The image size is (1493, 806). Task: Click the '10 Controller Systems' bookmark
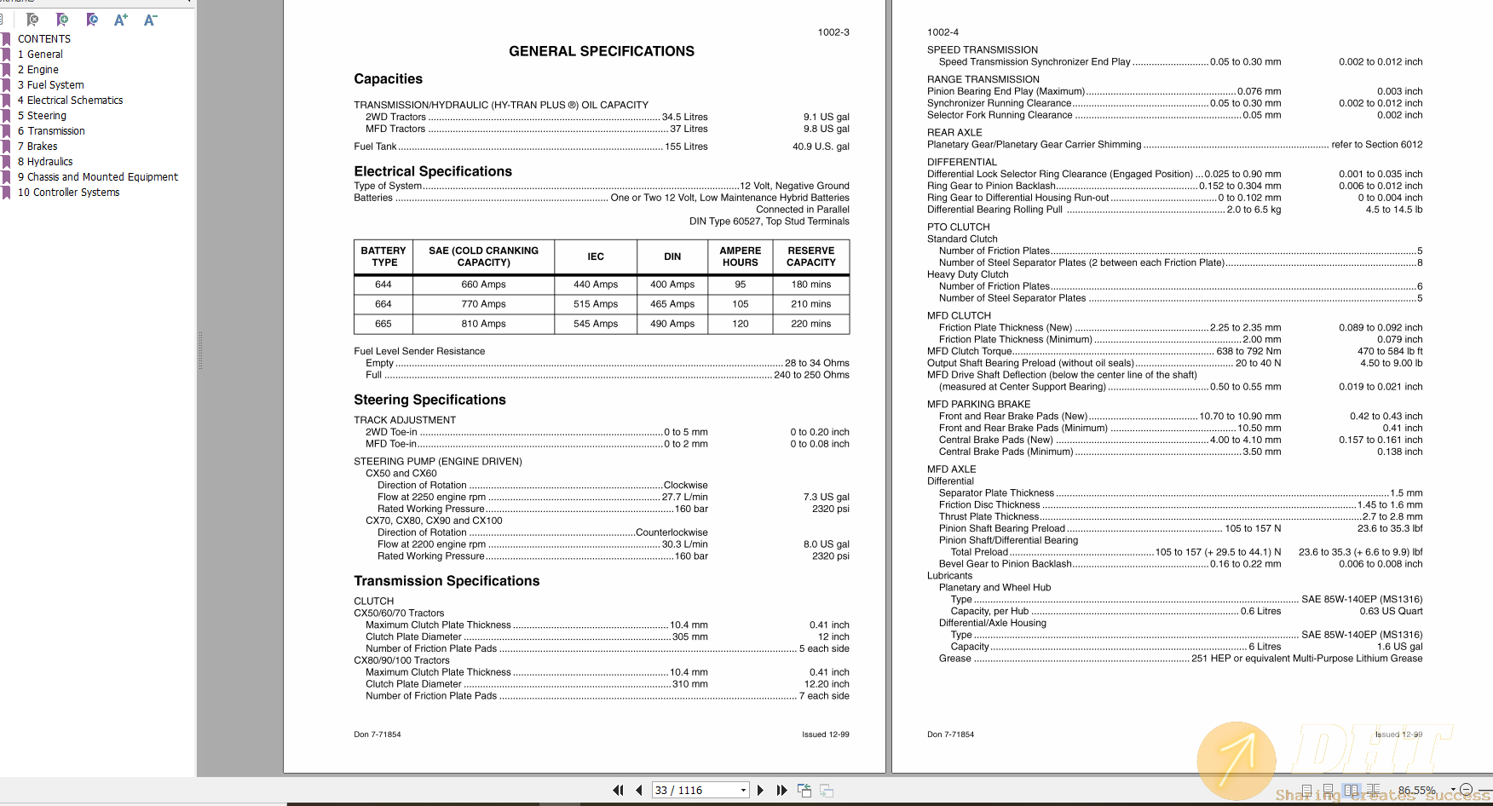coord(68,193)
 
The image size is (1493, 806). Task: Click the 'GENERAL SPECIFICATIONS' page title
coord(601,51)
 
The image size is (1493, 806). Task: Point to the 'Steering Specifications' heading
coord(429,400)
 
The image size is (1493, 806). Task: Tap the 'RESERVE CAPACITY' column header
coord(810,256)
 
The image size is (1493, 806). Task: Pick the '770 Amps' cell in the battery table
coord(483,304)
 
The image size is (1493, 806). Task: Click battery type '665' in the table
coord(383,324)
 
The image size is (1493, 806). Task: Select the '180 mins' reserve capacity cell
coord(810,285)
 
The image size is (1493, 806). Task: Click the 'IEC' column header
coord(596,256)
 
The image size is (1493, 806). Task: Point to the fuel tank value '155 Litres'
coord(686,147)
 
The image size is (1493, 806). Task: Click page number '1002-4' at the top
coord(942,32)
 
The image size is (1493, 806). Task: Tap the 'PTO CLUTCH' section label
coord(958,227)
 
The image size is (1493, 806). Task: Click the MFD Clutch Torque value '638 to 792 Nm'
coord(1248,351)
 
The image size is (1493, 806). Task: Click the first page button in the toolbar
coord(618,791)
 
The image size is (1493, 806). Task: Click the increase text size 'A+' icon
coord(121,20)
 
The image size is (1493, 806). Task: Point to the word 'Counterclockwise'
coord(672,533)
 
